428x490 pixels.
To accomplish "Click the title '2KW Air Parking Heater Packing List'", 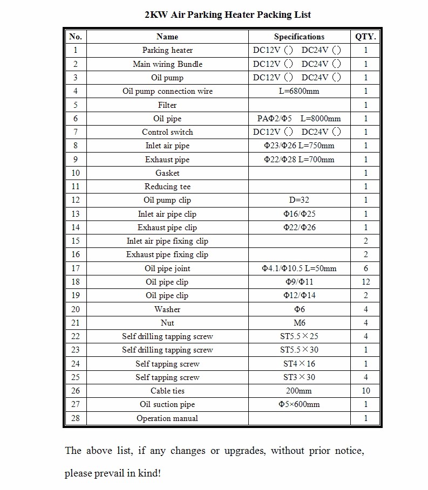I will tap(228, 15).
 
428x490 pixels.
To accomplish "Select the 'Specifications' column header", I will tap(299, 37).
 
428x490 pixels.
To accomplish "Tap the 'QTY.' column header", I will tap(365, 37).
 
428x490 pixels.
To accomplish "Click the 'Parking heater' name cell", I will tap(167, 50).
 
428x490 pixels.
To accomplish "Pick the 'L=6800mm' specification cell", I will tap(299, 91).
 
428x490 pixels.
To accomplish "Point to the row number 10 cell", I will tap(76, 173).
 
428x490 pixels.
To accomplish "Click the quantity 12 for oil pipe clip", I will tap(366, 282).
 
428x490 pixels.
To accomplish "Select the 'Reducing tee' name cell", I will tap(167, 187).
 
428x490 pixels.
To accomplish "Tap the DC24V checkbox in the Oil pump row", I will tap(337, 78).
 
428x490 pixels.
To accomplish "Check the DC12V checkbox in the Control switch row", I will tap(288, 132).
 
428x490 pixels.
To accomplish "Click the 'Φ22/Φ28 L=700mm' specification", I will tap(299, 160).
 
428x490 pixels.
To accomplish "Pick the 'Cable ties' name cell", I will tap(167, 391).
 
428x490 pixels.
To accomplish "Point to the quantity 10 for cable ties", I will tap(366, 391).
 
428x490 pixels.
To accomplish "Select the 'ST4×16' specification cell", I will tap(299, 364).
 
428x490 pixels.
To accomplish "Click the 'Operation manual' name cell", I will tap(167, 418).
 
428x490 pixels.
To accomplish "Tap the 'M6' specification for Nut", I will tap(299, 323).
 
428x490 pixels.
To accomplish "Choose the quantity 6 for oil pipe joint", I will tap(366, 268).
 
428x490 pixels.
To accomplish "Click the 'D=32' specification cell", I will tap(299, 200).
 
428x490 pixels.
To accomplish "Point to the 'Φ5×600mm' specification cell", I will tap(299, 404).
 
